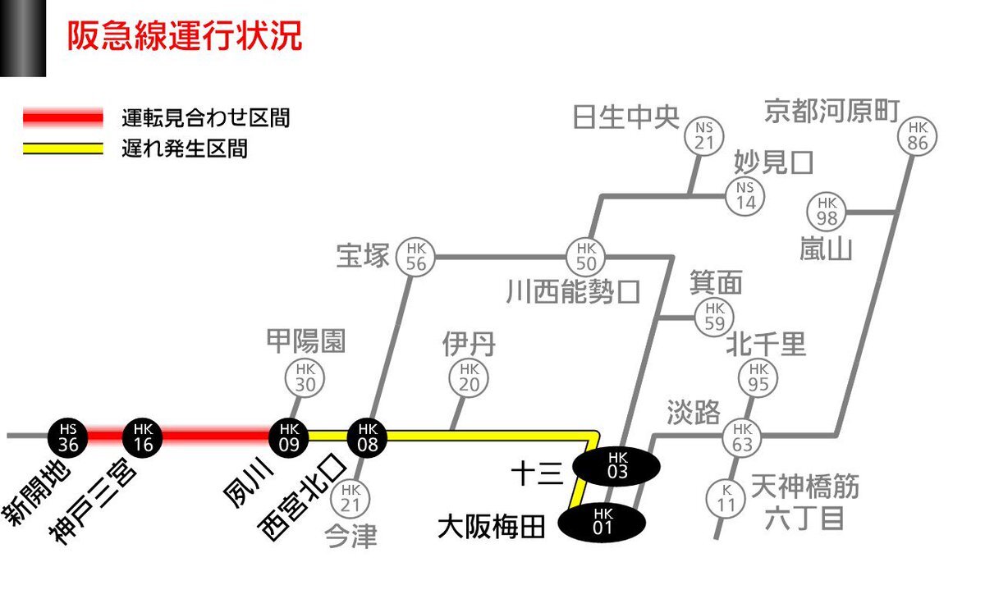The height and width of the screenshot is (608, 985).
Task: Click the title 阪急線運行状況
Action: pyautogui.click(x=185, y=35)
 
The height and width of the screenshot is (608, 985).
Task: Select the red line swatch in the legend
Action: pyautogui.click(x=63, y=117)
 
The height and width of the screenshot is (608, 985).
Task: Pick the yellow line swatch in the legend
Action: pyautogui.click(x=63, y=149)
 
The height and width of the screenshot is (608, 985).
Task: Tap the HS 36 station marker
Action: pyautogui.click(x=67, y=437)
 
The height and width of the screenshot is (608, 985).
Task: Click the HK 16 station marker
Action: pyautogui.click(x=143, y=437)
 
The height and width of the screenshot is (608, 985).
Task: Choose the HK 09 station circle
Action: pyautogui.click(x=288, y=437)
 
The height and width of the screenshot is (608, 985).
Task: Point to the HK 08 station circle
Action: pyautogui.click(x=367, y=437)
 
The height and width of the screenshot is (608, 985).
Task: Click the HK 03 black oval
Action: pyautogui.click(x=616, y=466)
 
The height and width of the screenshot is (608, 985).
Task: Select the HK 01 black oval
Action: pyautogui.click(x=602, y=523)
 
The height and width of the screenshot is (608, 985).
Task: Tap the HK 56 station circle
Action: pyautogui.click(x=415, y=257)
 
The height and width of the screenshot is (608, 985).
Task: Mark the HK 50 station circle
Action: pyautogui.click(x=585, y=257)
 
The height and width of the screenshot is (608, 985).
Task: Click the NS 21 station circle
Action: pyautogui.click(x=704, y=136)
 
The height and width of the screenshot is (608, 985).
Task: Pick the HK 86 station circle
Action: pyautogui.click(x=918, y=136)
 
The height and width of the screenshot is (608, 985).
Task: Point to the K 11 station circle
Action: pyautogui.click(x=726, y=500)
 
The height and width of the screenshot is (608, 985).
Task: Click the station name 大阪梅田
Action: pyautogui.click(x=491, y=527)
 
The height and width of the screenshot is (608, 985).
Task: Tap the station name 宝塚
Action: pyautogui.click(x=363, y=255)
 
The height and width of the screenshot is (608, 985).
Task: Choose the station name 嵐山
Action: pyautogui.click(x=826, y=249)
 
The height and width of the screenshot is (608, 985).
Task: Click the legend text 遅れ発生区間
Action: pyautogui.click(x=185, y=149)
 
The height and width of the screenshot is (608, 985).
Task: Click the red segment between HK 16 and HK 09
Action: pyautogui.click(x=215, y=436)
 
